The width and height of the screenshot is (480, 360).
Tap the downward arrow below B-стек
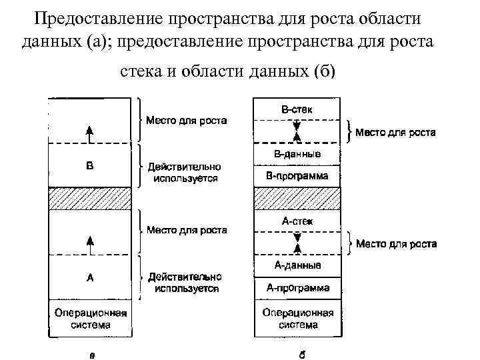tap(297, 125)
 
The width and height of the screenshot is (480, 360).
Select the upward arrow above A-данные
tap(297, 247)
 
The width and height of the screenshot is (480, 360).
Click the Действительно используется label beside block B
tap(185, 173)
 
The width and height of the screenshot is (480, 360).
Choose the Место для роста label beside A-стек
tap(396, 244)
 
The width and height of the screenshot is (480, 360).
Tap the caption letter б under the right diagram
tap(302, 354)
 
